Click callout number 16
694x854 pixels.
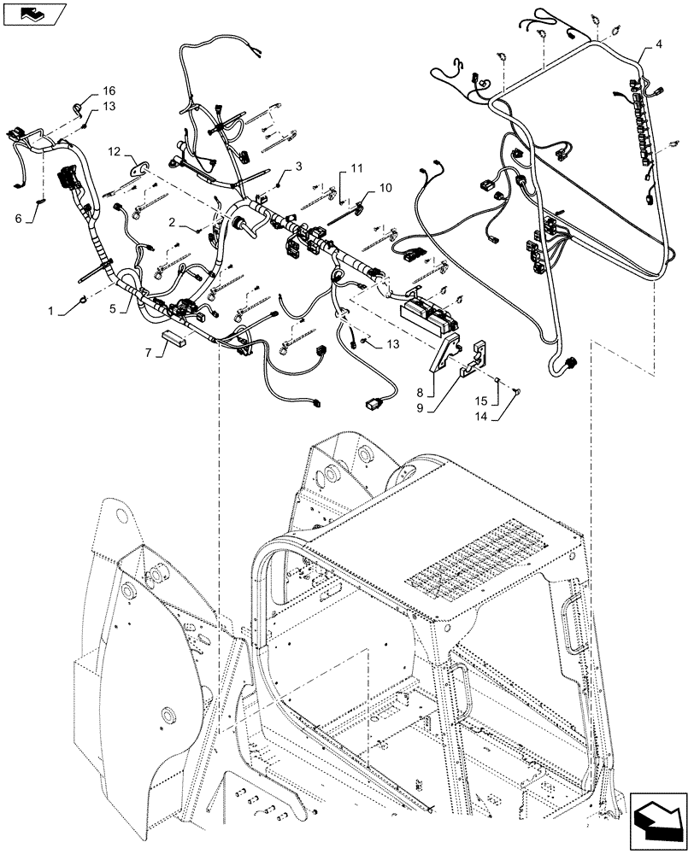109,91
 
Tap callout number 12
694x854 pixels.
115,151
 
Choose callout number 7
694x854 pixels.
148,352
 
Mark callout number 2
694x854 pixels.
172,222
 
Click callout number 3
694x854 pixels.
299,165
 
